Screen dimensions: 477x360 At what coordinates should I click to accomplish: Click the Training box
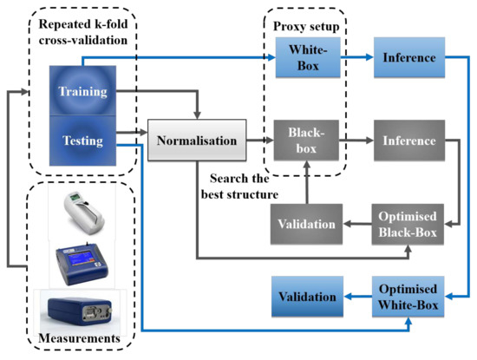(x=82, y=91)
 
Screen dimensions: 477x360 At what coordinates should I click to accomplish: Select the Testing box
(x=82, y=141)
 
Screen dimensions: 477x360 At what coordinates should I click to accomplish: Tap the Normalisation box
(x=197, y=140)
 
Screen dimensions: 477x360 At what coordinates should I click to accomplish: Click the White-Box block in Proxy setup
(x=308, y=57)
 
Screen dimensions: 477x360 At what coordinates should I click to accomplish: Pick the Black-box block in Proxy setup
(x=306, y=141)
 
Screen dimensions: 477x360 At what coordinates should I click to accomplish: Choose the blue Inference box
(x=409, y=57)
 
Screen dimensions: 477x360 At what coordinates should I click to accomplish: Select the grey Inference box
(x=409, y=141)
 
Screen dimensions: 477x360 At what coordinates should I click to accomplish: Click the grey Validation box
(x=307, y=224)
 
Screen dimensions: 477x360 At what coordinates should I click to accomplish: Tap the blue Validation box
(x=307, y=297)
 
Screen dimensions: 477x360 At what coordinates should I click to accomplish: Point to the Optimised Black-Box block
(x=408, y=224)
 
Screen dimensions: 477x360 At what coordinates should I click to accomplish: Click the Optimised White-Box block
(x=408, y=297)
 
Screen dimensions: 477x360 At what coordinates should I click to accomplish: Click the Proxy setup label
(x=306, y=26)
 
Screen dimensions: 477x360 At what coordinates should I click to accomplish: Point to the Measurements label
(x=79, y=338)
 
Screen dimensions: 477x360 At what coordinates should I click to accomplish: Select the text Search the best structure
(x=239, y=187)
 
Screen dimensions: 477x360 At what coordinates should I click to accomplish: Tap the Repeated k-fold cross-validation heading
(x=83, y=32)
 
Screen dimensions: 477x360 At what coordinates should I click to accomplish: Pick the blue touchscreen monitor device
(x=82, y=264)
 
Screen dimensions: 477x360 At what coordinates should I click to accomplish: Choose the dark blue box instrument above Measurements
(x=80, y=312)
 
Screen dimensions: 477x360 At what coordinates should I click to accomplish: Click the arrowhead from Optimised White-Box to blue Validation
(x=349, y=297)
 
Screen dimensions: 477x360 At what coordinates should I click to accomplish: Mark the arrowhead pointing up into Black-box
(x=307, y=165)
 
